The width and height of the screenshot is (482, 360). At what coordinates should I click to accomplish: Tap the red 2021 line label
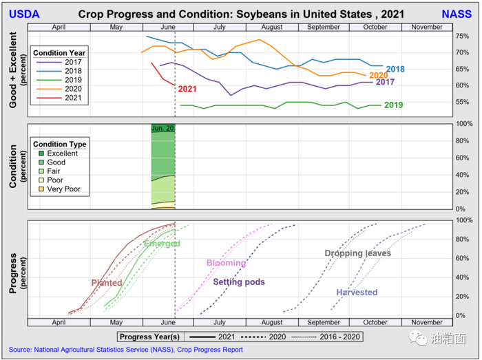point(187,89)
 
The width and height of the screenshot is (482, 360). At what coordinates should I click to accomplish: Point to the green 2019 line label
point(393,105)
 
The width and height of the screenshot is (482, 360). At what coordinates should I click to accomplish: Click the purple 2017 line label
point(384,83)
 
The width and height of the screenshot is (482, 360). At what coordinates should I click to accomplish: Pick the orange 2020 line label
point(378,76)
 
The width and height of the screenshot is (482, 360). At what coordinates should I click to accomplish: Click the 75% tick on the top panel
point(463,36)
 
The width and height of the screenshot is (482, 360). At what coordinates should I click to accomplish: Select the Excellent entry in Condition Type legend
point(62,153)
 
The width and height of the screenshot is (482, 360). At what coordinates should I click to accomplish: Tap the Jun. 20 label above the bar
point(163,129)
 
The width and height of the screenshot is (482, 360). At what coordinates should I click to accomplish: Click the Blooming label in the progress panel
point(226,263)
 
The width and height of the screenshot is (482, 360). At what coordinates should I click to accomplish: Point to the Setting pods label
point(239,282)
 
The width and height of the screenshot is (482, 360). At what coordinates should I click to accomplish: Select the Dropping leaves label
point(357,253)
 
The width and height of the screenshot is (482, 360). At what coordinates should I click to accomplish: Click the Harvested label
point(357,293)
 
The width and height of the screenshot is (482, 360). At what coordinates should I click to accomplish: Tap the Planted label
point(107,283)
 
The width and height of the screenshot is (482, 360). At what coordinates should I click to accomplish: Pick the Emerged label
point(162,244)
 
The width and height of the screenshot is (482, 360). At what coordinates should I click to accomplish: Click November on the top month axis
point(427,27)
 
